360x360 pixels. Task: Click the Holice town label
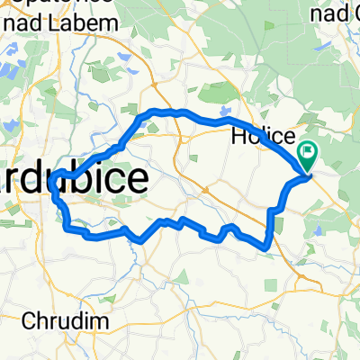(x=263, y=137)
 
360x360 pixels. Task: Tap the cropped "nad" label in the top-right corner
(x=334, y=13)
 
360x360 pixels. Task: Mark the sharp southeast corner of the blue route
(x=267, y=245)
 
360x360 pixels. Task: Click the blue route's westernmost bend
(x=54, y=189)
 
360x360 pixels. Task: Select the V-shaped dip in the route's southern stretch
(x=141, y=240)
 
